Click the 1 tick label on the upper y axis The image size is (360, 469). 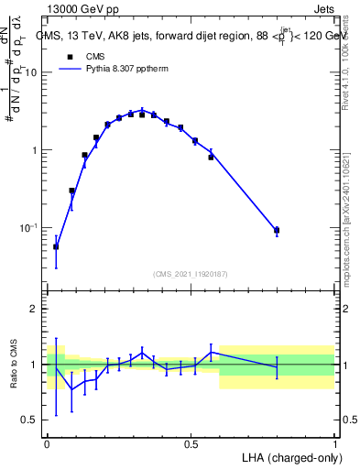36,150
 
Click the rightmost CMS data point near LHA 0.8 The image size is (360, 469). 277,231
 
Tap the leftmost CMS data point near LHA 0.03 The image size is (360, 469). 56,246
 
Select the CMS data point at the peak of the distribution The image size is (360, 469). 142,115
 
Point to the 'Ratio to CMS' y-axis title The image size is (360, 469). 13,364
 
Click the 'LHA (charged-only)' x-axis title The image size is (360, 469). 289,455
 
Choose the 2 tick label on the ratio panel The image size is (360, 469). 35,310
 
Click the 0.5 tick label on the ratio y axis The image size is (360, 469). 30,420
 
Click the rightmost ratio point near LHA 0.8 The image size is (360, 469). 277,366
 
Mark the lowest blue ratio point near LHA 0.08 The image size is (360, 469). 72,389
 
